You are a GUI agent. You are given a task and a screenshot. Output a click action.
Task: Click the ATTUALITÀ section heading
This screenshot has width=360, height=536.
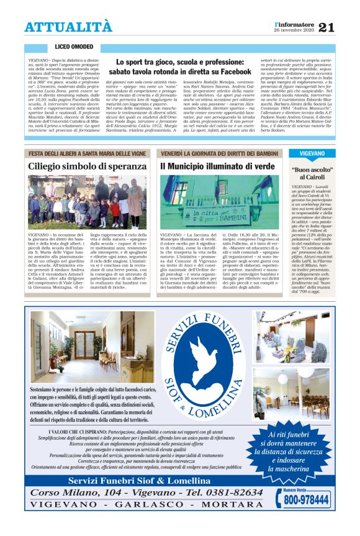click(x=68, y=27)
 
